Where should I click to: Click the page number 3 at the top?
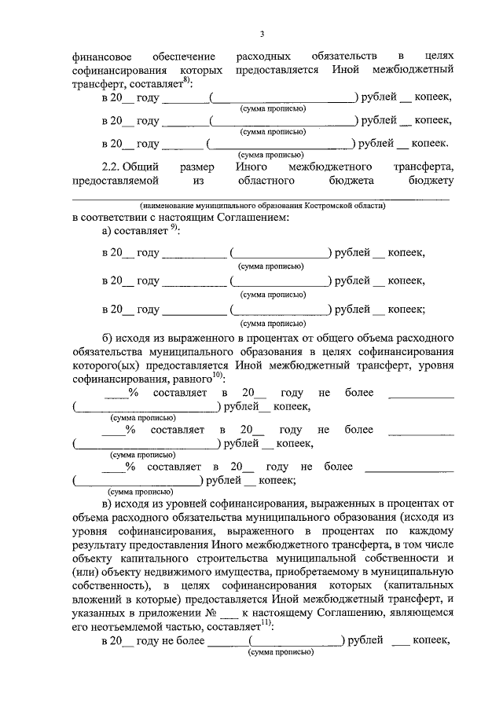262,34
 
